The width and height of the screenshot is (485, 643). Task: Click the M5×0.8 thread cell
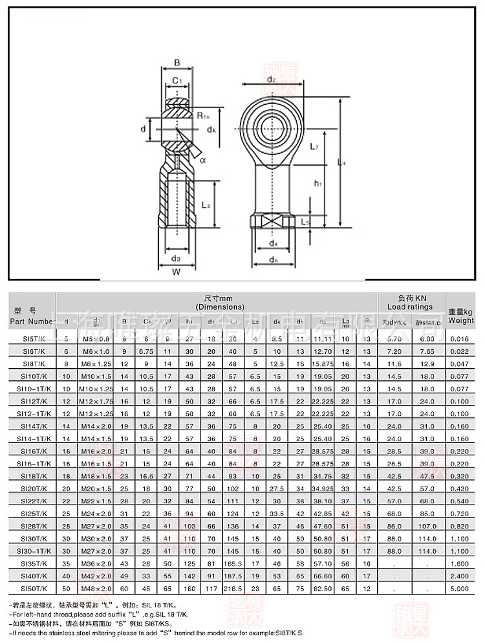[x=97, y=339]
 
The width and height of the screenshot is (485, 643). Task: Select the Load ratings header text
[x=410, y=306]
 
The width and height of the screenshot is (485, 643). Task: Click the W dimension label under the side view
[x=176, y=272]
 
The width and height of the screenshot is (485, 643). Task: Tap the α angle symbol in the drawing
[x=202, y=159]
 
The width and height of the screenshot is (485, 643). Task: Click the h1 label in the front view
[x=318, y=184]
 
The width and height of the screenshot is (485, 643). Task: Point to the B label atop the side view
[x=177, y=63]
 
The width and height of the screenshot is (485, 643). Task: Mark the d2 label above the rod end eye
[x=271, y=80]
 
